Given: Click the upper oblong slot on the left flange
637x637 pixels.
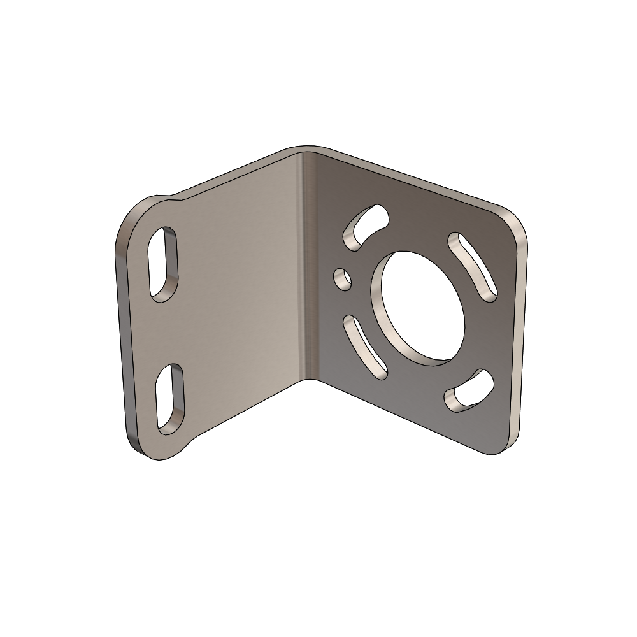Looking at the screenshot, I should tap(163, 263).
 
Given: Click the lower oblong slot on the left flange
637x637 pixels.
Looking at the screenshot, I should tap(170, 399).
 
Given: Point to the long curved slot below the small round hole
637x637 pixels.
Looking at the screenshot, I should tap(365, 344).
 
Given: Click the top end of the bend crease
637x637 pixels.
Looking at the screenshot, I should tap(304, 153).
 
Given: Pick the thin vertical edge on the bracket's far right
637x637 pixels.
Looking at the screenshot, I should tap(521, 338).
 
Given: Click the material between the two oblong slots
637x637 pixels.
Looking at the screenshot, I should tap(167, 331).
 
